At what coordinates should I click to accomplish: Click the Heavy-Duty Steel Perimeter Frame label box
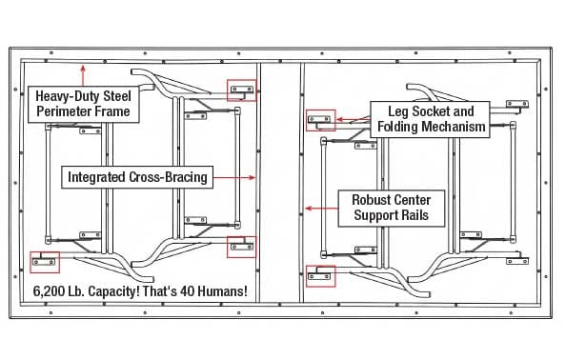coord(84,104)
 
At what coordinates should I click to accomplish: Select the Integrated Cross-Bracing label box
coord(137,177)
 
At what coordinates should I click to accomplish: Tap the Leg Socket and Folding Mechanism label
coord(430,119)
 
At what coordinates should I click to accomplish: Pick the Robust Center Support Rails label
coord(392,209)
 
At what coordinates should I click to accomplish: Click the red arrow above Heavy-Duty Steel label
coord(83,75)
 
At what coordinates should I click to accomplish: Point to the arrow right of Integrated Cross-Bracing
coord(234,177)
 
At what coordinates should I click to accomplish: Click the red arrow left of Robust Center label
coord(322,209)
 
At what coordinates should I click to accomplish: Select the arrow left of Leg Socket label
coord(353,119)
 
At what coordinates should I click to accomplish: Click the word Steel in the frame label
coord(117,96)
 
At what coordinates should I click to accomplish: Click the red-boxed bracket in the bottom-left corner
coord(45,262)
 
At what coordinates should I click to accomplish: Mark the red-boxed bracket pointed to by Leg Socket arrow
coord(320,120)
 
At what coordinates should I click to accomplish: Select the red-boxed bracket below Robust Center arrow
coord(320,276)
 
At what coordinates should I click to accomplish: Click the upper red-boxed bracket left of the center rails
coord(241,90)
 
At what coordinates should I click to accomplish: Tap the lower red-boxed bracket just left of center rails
coord(241,247)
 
